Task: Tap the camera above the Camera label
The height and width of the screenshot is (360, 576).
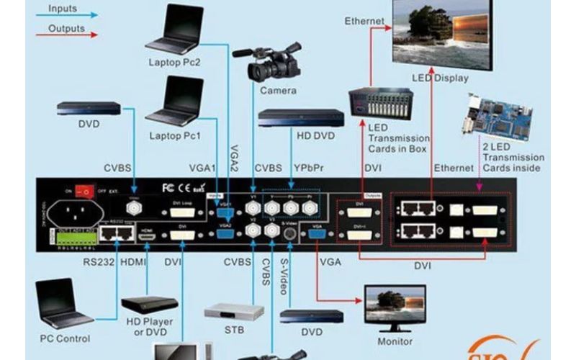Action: (x=273, y=63)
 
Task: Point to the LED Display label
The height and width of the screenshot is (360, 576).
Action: (x=439, y=78)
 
